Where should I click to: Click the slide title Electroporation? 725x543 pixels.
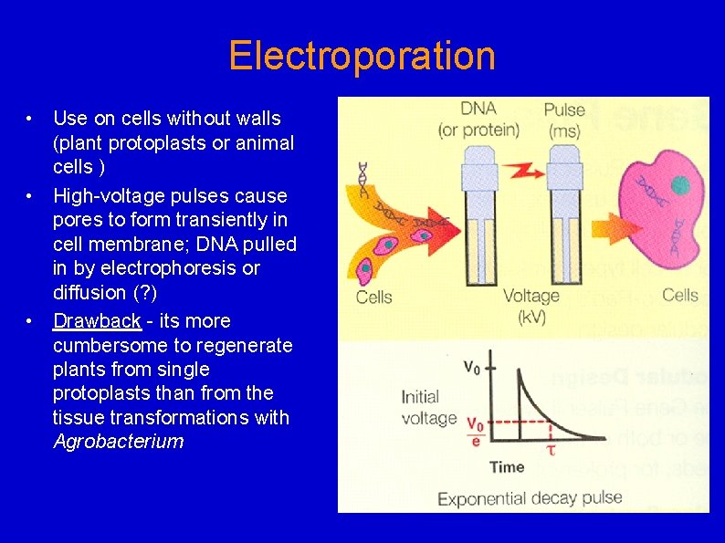click(362, 56)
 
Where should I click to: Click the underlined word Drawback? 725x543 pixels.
click(97, 321)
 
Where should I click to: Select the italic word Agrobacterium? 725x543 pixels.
click(118, 442)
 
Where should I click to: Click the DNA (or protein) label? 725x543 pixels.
click(478, 120)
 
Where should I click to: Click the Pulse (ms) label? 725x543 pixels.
click(563, 120)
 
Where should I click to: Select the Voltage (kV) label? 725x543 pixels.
click(531, 306)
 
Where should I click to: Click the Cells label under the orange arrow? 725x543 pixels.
click(374, 297)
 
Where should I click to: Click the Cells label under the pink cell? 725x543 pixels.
click(679, 295)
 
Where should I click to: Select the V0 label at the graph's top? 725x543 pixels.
click(472, 368)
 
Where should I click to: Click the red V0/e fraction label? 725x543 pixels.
click(475, 432)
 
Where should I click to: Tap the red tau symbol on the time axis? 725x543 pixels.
click(551, 448)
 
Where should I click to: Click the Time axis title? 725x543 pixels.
click(507, 467)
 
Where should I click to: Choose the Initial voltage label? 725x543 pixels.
click(427, 408)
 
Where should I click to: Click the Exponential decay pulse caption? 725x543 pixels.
click(530, 498)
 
